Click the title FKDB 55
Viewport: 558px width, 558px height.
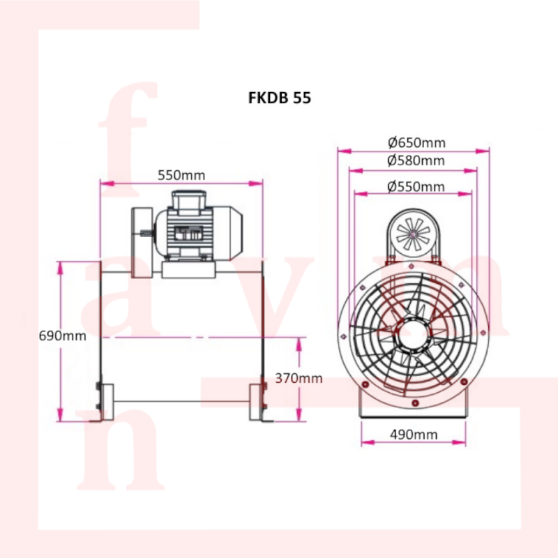[280, 98]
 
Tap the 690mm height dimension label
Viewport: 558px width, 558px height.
[62, 335]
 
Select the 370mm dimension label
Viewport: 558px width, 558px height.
[299, 378]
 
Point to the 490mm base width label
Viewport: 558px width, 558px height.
[414, 434]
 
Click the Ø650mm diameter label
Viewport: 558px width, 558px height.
[416, 142]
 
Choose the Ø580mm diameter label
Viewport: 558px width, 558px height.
[416, 160]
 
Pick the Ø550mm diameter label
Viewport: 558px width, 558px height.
[416, 186]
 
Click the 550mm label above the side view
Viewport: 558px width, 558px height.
[181, 175]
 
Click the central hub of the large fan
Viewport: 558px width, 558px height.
[413, 335]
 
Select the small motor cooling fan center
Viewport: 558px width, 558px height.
[413, 234]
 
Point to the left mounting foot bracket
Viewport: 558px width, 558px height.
[104, 402]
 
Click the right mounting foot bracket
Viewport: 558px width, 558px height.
[258, 402]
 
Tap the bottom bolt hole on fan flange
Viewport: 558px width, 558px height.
[415, 403]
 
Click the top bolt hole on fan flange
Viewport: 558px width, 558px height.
[412, 266]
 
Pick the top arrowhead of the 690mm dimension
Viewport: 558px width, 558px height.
[60, 268]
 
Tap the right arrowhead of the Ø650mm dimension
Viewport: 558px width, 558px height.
[483, 151]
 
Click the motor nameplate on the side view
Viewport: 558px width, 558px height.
[188, 234]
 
